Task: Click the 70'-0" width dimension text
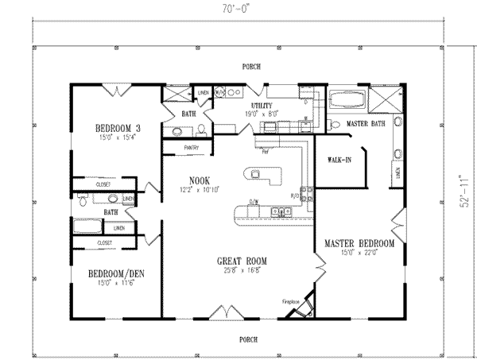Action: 238,9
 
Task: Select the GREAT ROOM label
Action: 242,261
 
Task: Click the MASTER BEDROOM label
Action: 359,242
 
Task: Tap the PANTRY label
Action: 191,147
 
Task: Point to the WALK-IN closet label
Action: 339,160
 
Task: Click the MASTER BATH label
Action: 366,123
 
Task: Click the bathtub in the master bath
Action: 347,100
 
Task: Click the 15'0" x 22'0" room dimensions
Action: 359,253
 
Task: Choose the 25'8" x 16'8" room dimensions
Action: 242,270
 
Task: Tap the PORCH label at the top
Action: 252,67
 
